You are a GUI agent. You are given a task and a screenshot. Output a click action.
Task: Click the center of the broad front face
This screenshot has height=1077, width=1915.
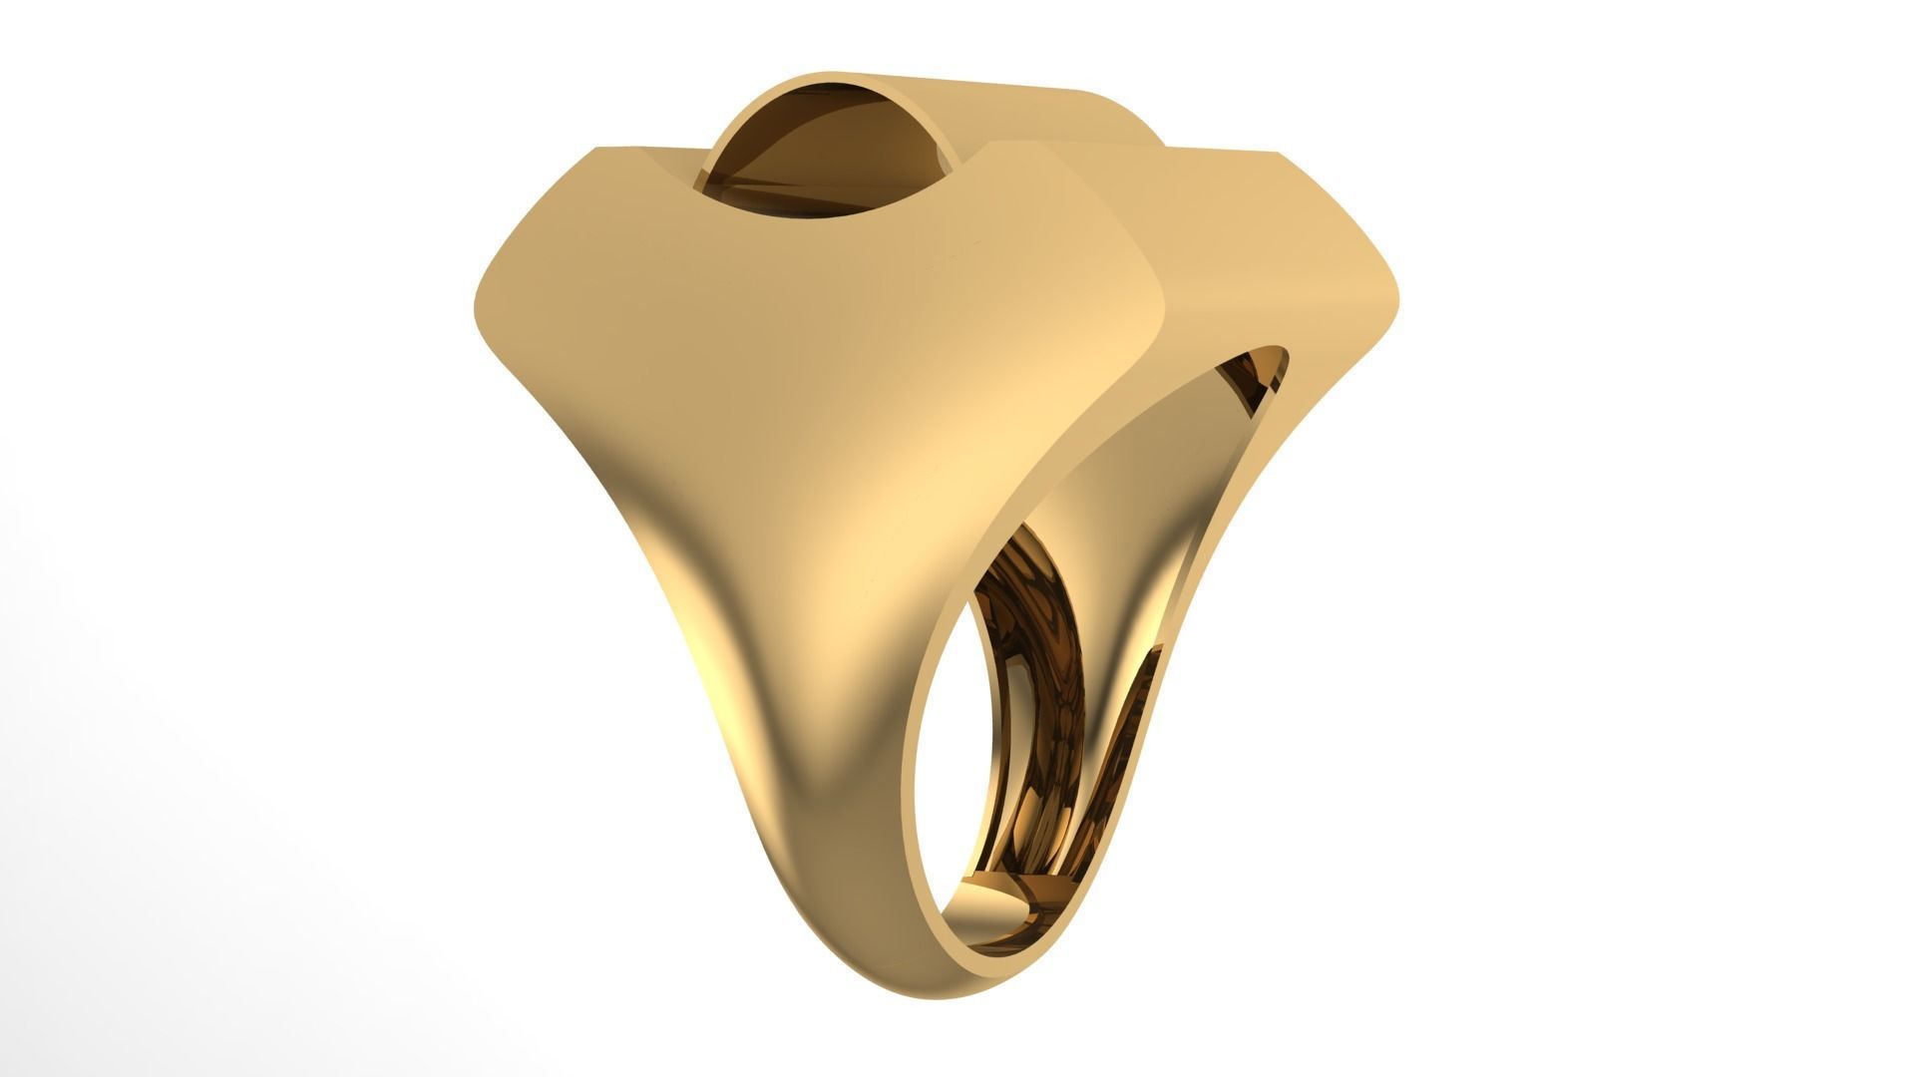coord(798,349)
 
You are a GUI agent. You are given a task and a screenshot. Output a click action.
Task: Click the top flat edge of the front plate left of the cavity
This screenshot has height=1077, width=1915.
coord(648,151)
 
